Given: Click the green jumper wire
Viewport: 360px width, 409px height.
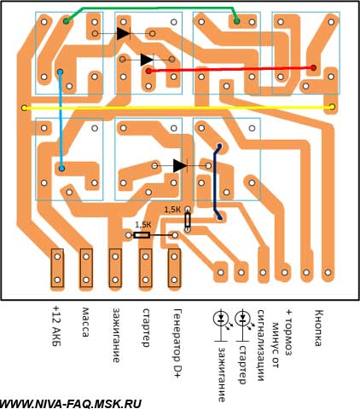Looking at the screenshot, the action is pyautogui.click(x=151, y=8).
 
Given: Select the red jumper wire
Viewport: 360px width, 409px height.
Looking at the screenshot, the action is pyautogui.click(x=231, y=69).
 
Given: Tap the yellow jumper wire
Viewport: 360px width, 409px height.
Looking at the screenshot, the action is pyautogui.click(x=178, y=107).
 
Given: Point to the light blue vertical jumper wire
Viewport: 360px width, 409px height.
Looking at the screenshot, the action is pyautogui.click(x=61, y=120).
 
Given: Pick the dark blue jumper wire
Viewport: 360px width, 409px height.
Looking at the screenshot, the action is pyautogui.click(x=215, y=181).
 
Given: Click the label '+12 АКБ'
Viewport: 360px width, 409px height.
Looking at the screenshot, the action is pyautogui.click(x=56, y=326).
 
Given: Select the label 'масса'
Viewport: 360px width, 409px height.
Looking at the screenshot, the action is pyautogui.click(x=85, y=322).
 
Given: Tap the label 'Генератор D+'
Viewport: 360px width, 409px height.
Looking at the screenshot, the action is pyautogui.click(x=177, y=343).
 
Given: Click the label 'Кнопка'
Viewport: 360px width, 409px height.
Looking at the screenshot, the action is pyautogui.click(x=319, y=328).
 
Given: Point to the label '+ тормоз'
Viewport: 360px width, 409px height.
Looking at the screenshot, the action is pyautogui.click(x=289, y=332).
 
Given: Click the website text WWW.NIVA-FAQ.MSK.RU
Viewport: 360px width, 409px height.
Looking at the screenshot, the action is pyautogui.click(x=71, y=404).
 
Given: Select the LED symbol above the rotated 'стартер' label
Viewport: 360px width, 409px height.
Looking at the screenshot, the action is pyautogui.click(x=242, y=319).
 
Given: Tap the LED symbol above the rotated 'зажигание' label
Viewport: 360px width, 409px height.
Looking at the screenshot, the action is pyautogui.click(x=221, y=319).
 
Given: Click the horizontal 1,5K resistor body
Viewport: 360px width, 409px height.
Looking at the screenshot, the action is pyautogui.click(x=142, y=235).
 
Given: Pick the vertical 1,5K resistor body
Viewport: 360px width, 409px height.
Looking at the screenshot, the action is pyautogui.click(x=188, y=220).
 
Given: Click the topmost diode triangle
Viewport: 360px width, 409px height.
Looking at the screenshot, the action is pyautogui.click(x=124, y=33).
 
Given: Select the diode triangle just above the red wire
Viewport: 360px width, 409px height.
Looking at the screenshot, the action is pyautogui.click(x=147, y=60).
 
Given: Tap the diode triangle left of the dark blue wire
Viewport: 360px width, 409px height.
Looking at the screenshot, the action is pyautogui.click(x=180, y=165).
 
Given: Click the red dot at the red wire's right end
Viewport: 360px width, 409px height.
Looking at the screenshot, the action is pyautogui.click(x=313, y=68).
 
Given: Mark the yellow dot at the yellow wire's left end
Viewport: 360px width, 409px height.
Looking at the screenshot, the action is pyautogui.click(x=25, y=108).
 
